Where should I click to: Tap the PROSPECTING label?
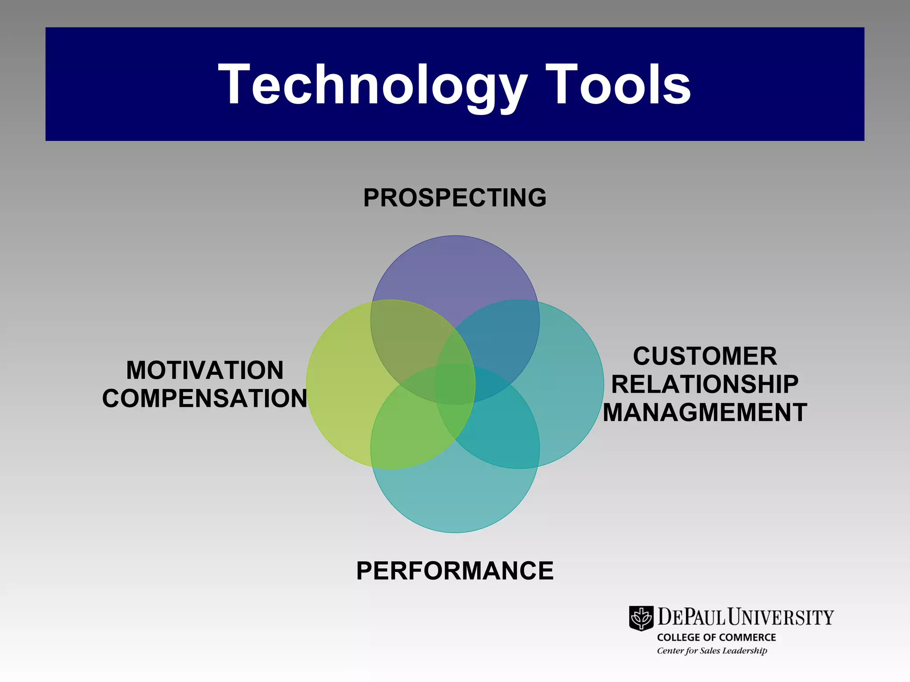pyautogui.click(x=455, y=198)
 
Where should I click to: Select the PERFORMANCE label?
pyautogui.click(x=455, y=571)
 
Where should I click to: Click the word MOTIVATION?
pyautogui.click(x=205, y=370)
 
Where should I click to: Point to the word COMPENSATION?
pyautogui.click(x=205, y=398)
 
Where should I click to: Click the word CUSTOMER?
pyautogui.click(x=705, y=356)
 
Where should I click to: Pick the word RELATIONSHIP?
pyautogui.click(x=705, y=384)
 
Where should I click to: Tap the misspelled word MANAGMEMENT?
pyautogui.click(x=705, y=412)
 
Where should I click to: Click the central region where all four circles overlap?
pyautogui.click(x=455, y=385)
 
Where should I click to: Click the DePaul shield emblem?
pyautogui.click(x=641, y=618)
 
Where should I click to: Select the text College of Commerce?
pyautogui.click(x=716, y=637)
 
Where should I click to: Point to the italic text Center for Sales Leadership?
pyautogui.click(x=712, y=650)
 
